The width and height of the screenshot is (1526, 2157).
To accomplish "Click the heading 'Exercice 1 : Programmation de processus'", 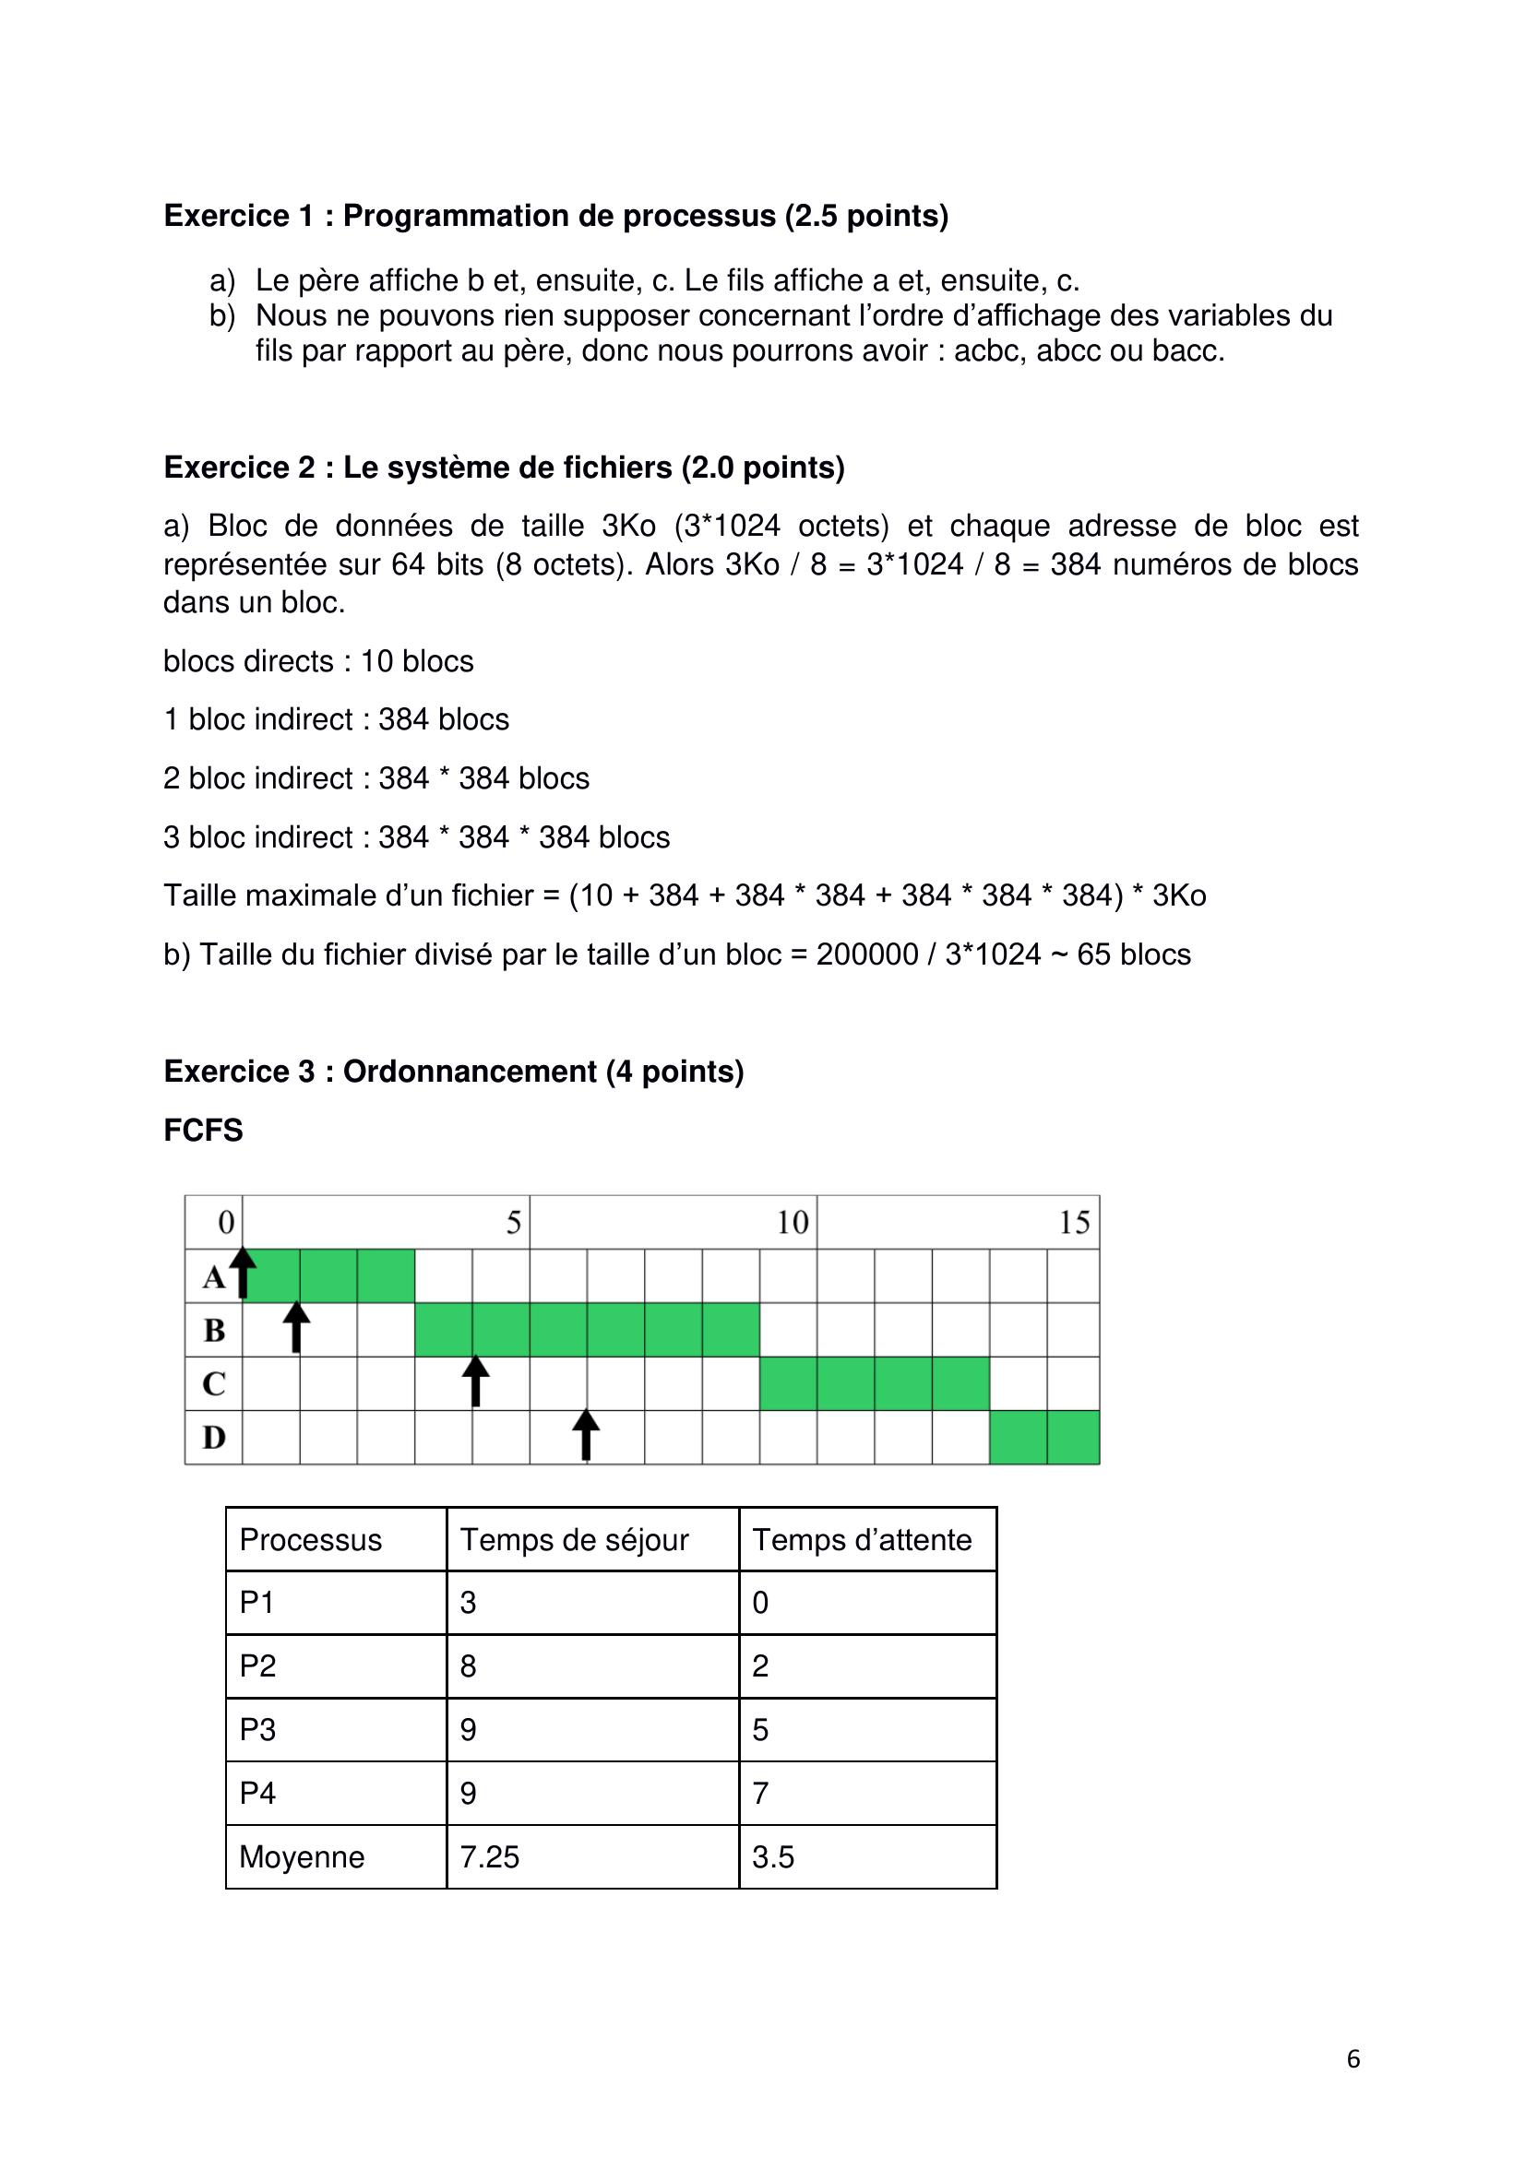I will (x=555, y=216).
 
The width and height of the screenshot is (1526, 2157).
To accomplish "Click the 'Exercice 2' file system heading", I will (x=504, y=467).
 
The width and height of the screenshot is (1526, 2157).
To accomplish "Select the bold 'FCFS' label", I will (x=203, y=1131).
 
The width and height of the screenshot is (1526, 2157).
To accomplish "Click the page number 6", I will (x=1353, y=2059).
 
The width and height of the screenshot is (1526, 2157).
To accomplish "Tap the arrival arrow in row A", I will (x=244, y=1273).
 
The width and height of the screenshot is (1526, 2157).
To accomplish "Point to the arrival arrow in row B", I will (x=296, y=1326).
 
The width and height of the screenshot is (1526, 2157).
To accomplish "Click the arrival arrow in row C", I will (x=475, y=1381).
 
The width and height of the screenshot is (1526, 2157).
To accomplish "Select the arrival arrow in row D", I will (x=586, y=1435).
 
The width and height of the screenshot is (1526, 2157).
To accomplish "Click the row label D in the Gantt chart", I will (x=214, y=1438).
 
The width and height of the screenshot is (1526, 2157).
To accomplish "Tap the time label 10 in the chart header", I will (x=793, y=1222).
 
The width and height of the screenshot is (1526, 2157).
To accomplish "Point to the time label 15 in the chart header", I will (x=1074, y=1222).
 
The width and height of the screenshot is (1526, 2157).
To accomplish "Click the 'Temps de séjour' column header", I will (x=574, y=1540).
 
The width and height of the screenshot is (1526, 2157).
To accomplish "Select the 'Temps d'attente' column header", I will (x=862, y=1540).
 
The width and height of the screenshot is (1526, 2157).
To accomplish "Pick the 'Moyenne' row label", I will (x=302, y=1857).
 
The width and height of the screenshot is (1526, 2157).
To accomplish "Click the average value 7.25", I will (x=490, y=1857).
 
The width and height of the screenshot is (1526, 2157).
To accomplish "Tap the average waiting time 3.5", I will (x=773, y=1857).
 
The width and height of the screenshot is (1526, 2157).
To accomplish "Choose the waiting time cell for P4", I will (x=761, y=1794).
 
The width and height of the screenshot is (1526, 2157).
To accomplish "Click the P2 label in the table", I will (x=257, y=1665).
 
